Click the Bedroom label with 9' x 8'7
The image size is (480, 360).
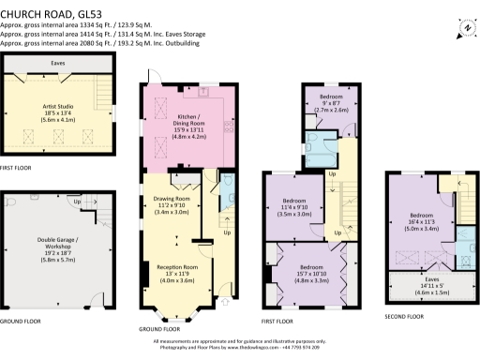click(330, 97)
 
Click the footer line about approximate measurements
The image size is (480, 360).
click(240, 341)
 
